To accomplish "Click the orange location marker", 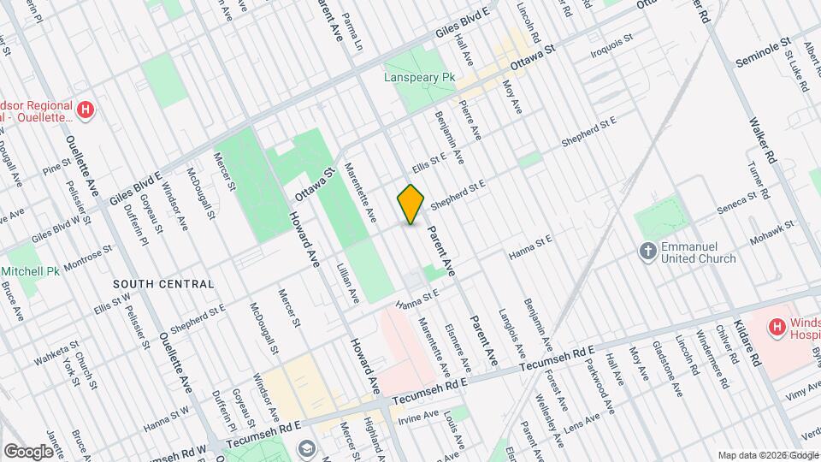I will tap(411, 204).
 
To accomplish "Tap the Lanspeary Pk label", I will tap(419, 77).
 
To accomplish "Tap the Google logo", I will tap(29, 451).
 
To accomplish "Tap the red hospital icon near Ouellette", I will tap(85, 110).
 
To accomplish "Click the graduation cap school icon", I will tap(305, 449).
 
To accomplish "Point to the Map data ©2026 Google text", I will tap(768, 454).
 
